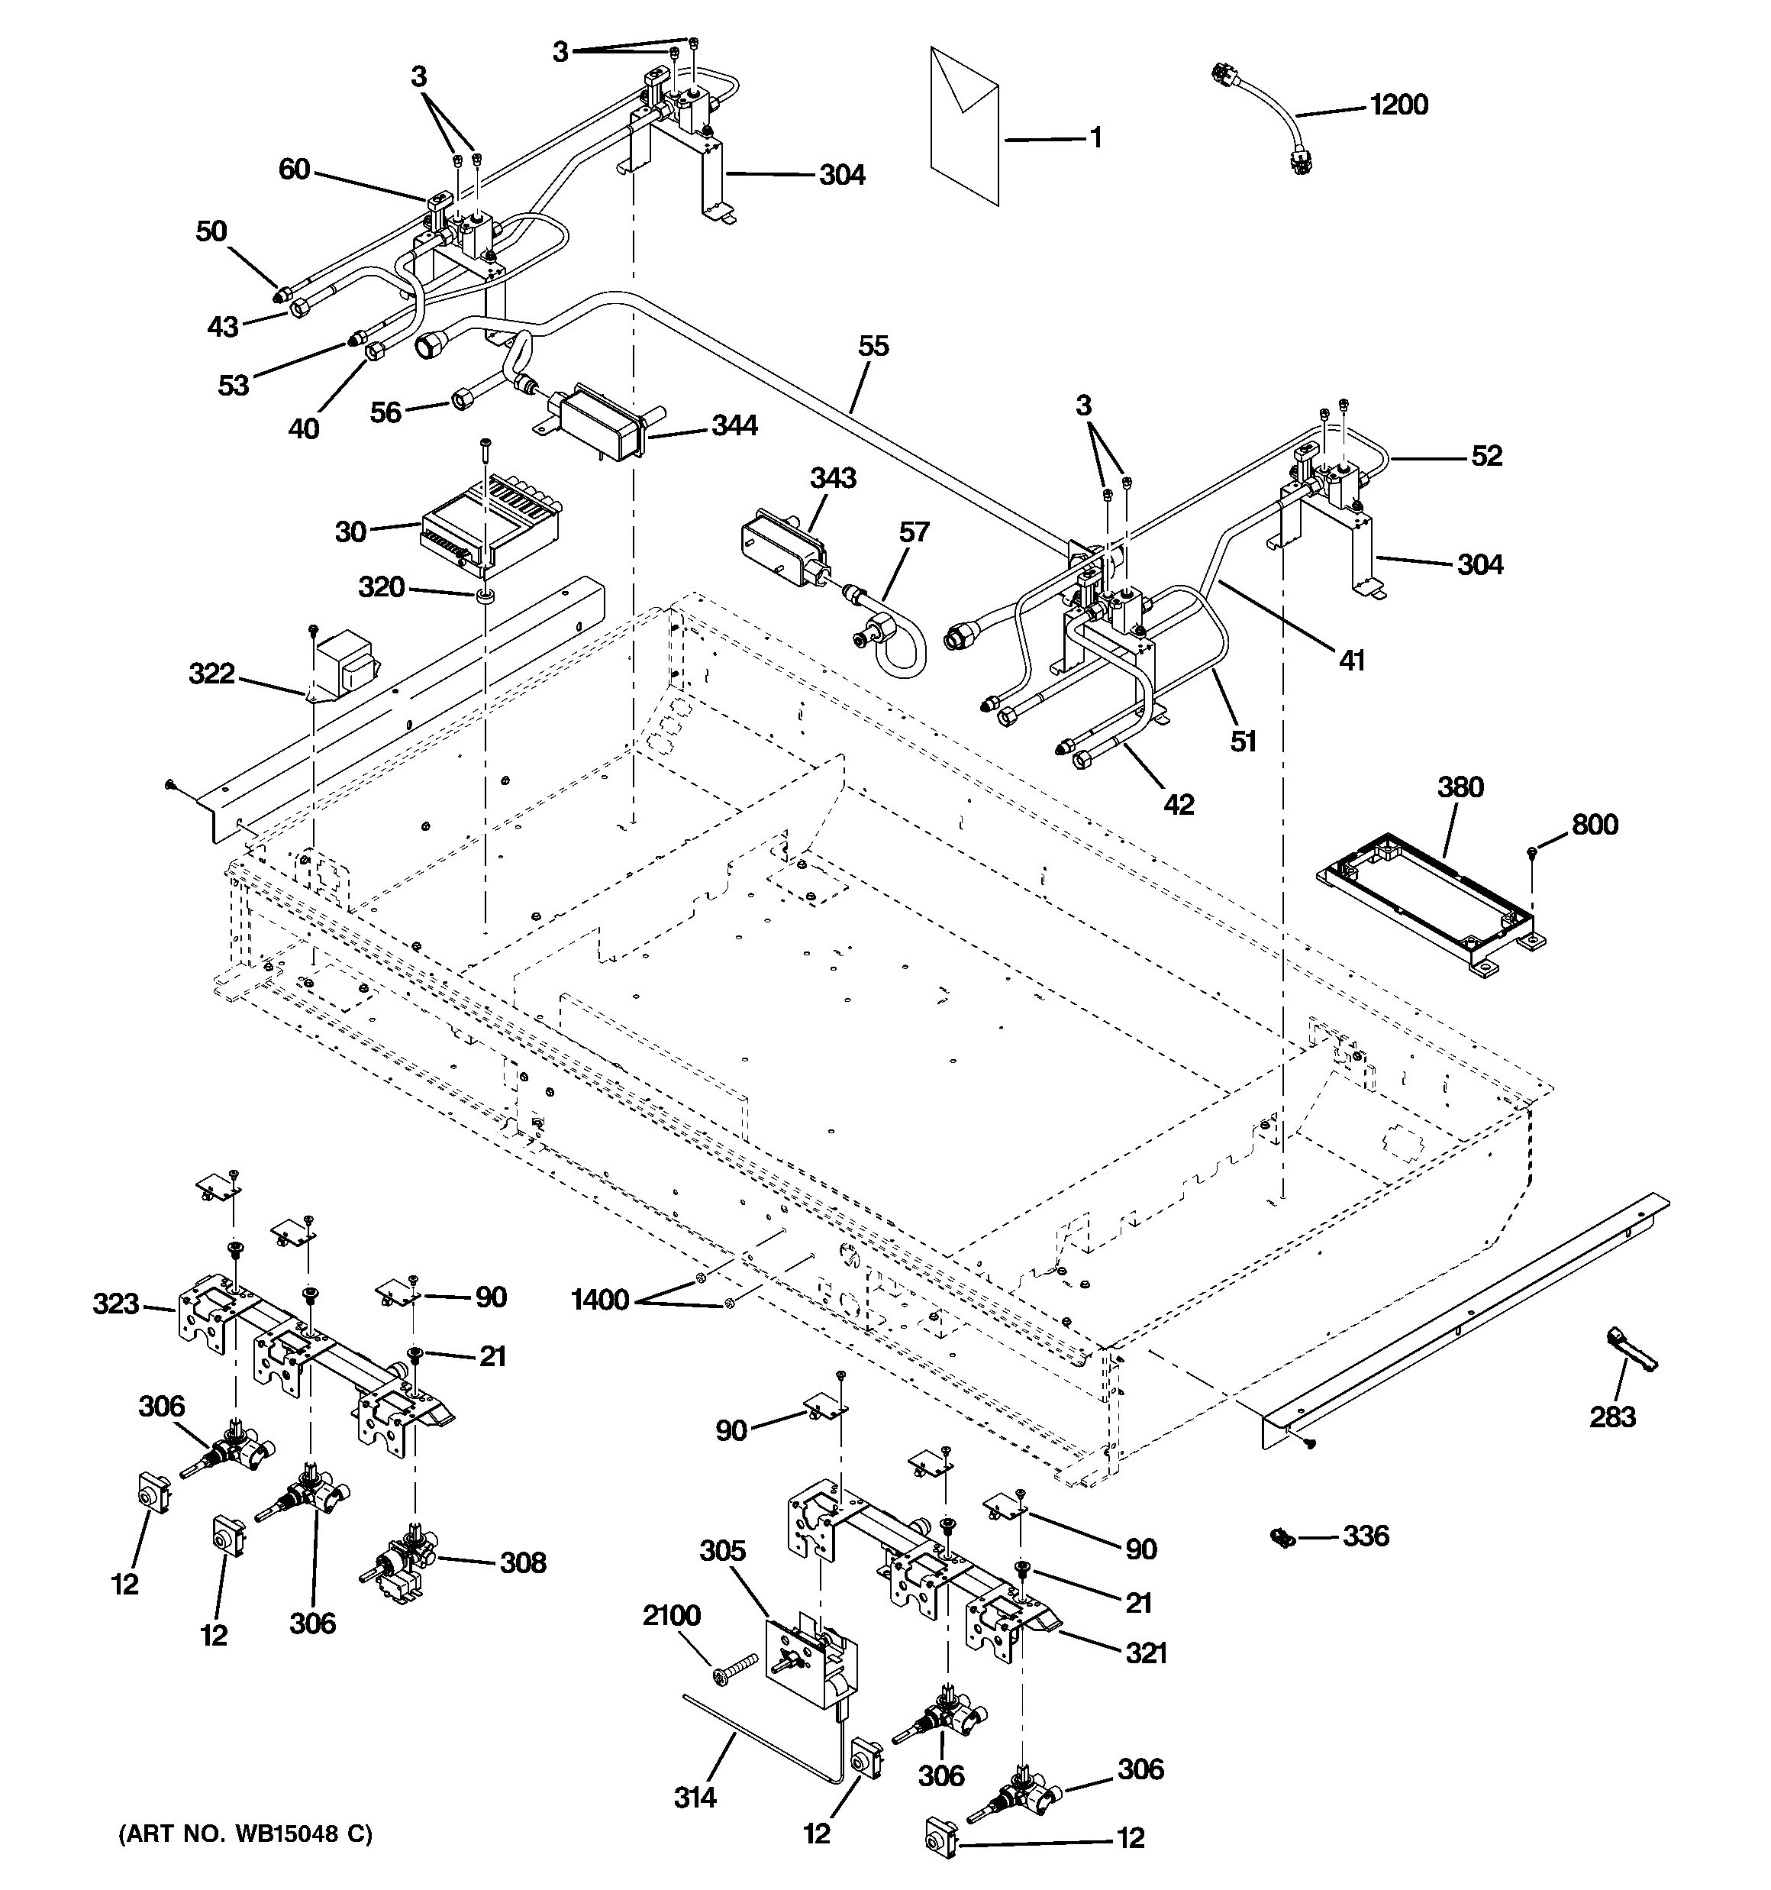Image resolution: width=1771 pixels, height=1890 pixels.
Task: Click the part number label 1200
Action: pyautogui.click(x=1398, y=105)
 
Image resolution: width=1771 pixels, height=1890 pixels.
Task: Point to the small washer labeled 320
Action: pyautogui.click(x=485, y=596)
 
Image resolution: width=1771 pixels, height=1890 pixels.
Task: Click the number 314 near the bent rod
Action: pyautogui.click(x=695, y=1797)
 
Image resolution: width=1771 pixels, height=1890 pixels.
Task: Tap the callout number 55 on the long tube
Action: pyautogui.click(x=873, y=346)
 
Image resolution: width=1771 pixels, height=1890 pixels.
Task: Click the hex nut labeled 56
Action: pyautogui.click(x=463, y=399)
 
